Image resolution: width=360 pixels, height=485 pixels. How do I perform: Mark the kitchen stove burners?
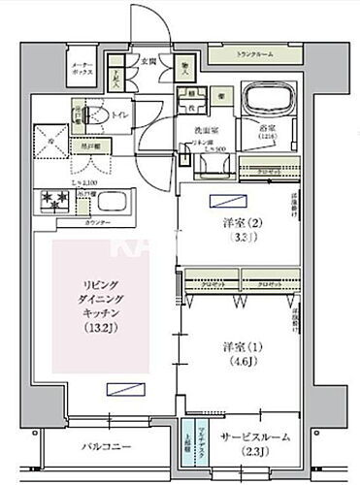[x=51, y=201]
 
